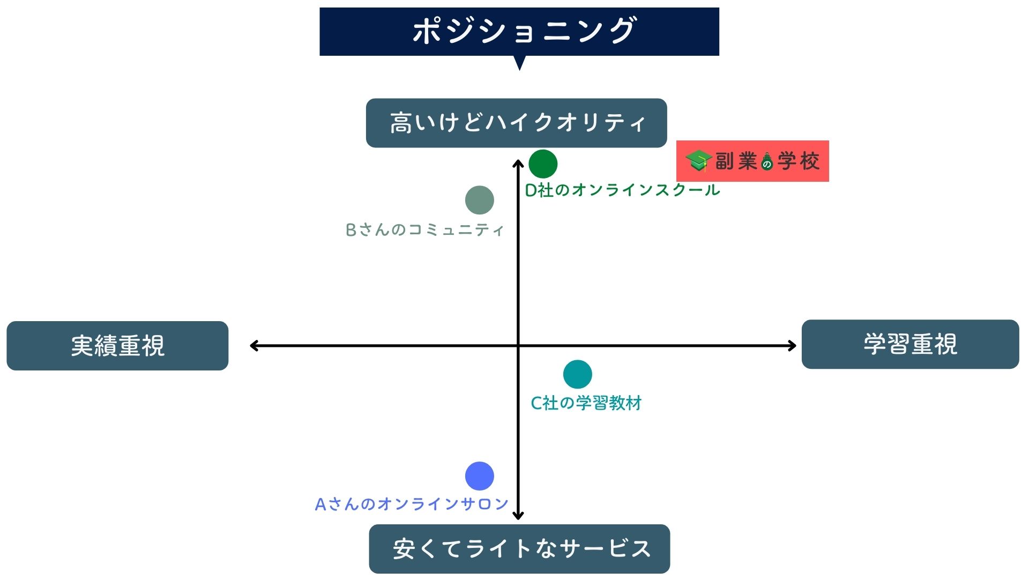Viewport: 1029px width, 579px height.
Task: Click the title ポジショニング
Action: pos(524,31)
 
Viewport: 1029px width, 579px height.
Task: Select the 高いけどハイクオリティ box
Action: pos(517,123)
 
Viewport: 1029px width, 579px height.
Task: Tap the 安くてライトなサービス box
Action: pos(519,549)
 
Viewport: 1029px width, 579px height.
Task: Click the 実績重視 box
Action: pos(117,346)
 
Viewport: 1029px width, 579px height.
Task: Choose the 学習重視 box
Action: pos(910,344)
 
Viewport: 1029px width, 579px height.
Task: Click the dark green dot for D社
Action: pos(543,164)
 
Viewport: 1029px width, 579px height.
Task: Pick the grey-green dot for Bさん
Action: pos(479,200)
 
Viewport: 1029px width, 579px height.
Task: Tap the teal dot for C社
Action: pos(577,374)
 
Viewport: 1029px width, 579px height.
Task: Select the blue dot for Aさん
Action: pos(479,476)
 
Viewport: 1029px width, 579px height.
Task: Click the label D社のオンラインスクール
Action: pos(622,190)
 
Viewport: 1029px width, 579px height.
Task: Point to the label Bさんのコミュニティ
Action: pos(424,230)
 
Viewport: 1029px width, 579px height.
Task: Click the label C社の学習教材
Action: pos(586,403)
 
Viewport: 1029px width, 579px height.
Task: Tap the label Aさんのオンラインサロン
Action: pos(412,504)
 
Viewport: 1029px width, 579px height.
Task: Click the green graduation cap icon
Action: pos(698,161)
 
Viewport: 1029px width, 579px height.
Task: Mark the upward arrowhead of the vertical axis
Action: pos(518,162)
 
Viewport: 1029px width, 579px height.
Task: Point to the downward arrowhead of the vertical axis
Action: pos(518,516)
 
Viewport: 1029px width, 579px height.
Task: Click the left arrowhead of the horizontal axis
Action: pos(253,346)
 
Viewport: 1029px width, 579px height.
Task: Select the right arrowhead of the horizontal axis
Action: pos(793,346)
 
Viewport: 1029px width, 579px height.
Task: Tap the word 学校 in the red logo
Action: pos(799,161)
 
